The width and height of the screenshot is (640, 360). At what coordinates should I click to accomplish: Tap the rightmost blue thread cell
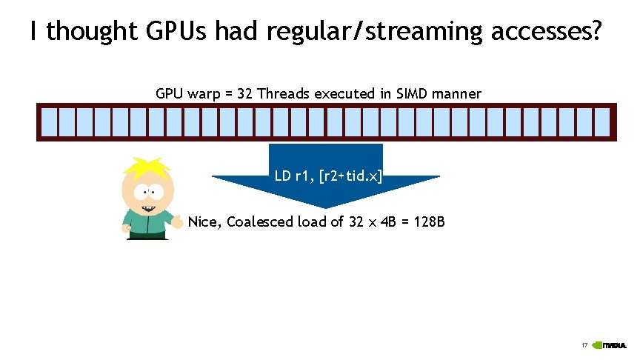coord(602,123)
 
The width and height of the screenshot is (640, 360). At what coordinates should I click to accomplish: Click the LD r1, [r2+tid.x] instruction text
coord(328,176)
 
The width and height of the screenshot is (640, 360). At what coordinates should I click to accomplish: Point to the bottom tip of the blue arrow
coord(326,208)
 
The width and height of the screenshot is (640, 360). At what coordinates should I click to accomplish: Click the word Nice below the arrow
coord(204,221)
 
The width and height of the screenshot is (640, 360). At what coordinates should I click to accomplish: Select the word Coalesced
coord(260,221)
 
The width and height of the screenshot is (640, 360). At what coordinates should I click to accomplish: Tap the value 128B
coord(427,221)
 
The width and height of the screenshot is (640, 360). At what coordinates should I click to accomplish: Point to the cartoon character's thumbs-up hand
coord(177,221)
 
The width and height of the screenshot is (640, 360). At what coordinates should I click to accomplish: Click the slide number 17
coord(584,345)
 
